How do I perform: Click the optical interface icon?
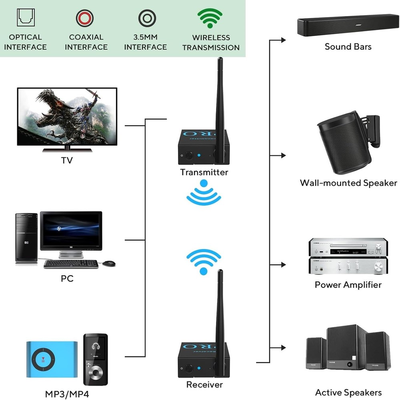25,18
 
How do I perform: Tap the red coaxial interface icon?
85,18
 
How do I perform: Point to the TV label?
67,161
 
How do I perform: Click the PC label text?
67,278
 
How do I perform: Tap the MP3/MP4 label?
67,394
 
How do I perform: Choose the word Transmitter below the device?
204,172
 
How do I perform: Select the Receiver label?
204,385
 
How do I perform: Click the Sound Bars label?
348,46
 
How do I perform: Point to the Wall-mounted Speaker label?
348,183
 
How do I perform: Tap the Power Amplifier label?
348,285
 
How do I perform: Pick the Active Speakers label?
348,392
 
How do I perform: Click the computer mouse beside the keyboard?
109,263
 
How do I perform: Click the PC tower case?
27,238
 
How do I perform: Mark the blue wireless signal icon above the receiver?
204,261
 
